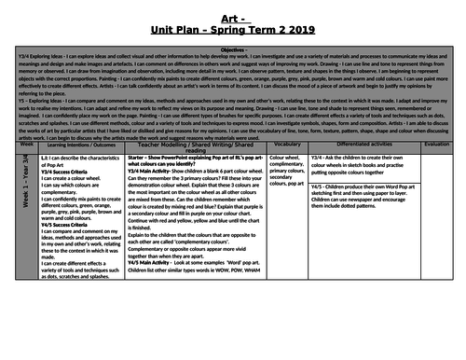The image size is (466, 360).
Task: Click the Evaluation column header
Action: (436, 146)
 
